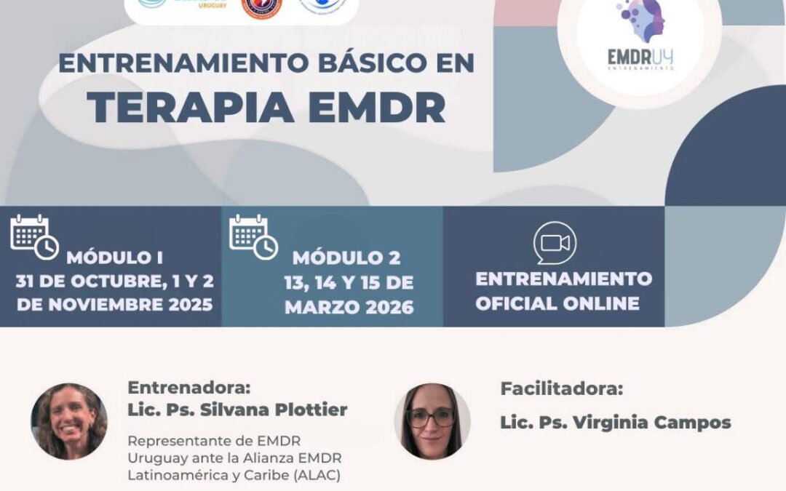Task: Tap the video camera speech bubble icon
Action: [555, 243]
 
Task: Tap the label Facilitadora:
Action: [562, 388]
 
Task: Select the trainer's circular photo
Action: [69, 421]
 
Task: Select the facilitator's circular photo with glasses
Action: [432, 421]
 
